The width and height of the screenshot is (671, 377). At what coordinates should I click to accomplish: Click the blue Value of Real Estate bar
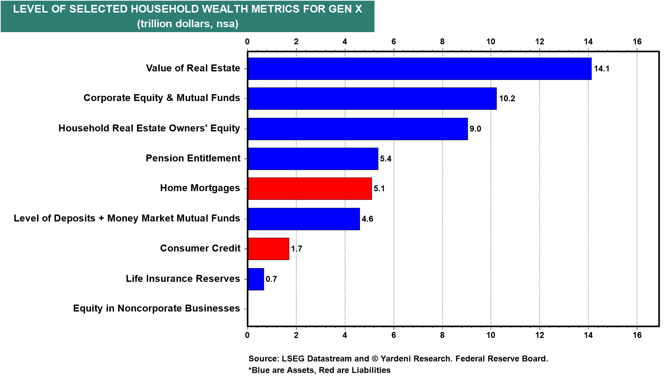click(x=419, y=69)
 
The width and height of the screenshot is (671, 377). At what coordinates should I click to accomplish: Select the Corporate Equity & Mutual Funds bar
click(x=372, y=98)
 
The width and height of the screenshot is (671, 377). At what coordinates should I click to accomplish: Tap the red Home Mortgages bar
click(x=310, y=188)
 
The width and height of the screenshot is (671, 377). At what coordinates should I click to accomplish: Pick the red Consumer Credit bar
click(x=268, y=249)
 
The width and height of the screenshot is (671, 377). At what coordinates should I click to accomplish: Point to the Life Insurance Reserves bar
click(x=256, y=279)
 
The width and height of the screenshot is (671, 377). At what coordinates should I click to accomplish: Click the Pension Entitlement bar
click(x=313, y=159)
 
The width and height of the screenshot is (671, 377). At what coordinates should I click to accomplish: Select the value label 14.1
click(x=601, y=69)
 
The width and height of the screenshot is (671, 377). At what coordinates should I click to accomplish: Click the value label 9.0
click(x=475, y=129)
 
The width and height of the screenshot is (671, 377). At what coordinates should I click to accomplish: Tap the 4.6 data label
click(x=367, y=219)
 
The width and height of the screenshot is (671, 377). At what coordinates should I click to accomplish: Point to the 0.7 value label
click(x=271, y=279)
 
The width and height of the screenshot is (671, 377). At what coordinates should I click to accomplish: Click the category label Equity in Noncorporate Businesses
click(x=156, y=309)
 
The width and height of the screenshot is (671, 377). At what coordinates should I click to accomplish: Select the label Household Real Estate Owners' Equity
click(x=149, y=128)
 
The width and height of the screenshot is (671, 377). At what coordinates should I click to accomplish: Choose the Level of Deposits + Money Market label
click(x=127, y=219)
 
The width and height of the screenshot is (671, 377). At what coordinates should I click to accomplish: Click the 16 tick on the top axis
click(x=637, y=42)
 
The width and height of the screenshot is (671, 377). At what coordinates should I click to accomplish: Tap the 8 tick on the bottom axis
click(x=442, y=335)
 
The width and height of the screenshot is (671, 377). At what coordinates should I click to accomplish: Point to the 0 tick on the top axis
click(x=247, y=42)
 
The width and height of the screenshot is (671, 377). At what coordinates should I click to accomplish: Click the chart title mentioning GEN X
click(x=188, y=9)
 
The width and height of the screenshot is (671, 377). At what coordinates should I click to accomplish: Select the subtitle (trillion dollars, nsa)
click(x=188, y=24)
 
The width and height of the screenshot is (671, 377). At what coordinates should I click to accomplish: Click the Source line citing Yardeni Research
click(x=398, y=358)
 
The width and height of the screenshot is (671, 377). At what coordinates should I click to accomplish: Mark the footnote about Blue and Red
click(x=319, y=370)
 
